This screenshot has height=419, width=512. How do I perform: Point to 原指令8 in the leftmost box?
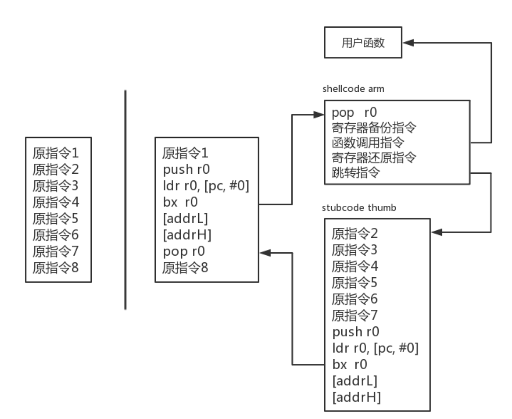(55, 268)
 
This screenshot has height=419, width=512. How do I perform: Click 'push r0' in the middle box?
(184, 169)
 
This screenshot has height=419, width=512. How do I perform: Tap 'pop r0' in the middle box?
(180, 251)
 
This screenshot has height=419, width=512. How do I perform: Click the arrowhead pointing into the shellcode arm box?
(320, 113)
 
